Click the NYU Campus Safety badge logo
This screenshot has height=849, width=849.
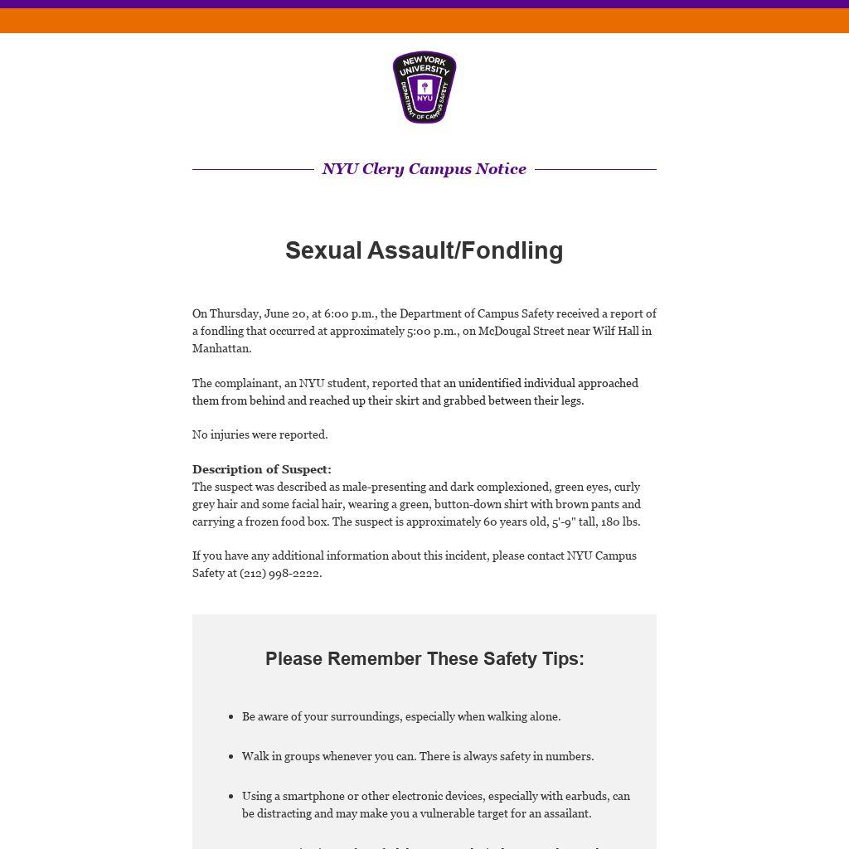424,87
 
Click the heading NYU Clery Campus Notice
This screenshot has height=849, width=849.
424,169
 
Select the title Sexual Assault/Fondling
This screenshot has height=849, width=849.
424,250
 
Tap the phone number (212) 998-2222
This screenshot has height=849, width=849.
279,573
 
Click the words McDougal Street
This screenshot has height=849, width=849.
516,331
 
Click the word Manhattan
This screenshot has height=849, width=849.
221,348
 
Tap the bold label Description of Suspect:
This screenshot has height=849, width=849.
262,469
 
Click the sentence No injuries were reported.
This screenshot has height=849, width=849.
260,434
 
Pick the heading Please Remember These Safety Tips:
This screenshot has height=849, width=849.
424,658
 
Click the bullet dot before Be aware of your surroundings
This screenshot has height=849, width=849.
230,717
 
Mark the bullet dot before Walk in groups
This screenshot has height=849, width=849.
230,757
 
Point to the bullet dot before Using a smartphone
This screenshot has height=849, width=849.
230,797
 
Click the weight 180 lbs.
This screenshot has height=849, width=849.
620,522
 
